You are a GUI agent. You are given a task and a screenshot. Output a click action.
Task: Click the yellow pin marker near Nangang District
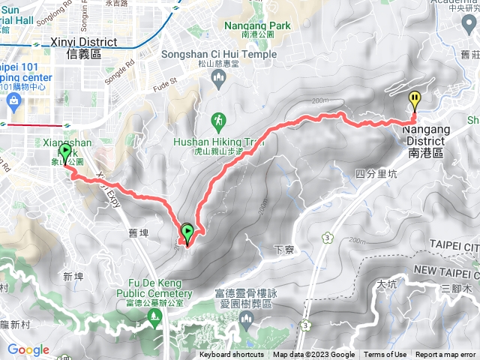[x=415, y=100]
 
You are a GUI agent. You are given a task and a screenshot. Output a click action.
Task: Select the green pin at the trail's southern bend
[x=187, y=232]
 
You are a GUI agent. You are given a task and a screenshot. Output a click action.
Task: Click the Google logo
[x=28, y=349]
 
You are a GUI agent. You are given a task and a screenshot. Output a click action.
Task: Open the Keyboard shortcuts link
[x=232, y=355]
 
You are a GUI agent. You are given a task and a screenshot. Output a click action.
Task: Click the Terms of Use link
[x=385, y=355]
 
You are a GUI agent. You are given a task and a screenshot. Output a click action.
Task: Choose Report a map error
[x=445, y=355]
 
